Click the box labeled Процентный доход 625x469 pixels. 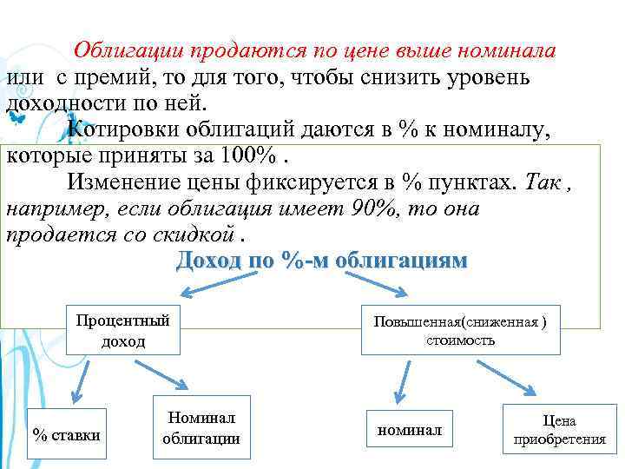(x=123, y=329)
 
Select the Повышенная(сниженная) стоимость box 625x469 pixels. (x=460, y=329)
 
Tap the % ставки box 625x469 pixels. (x=66, y=433)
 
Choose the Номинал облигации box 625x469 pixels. (x=201, y=428)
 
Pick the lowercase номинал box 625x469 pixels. (x=409, y=429)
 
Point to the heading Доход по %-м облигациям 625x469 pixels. (x=321, y=260)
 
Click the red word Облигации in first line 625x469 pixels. (x=127, y=50)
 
